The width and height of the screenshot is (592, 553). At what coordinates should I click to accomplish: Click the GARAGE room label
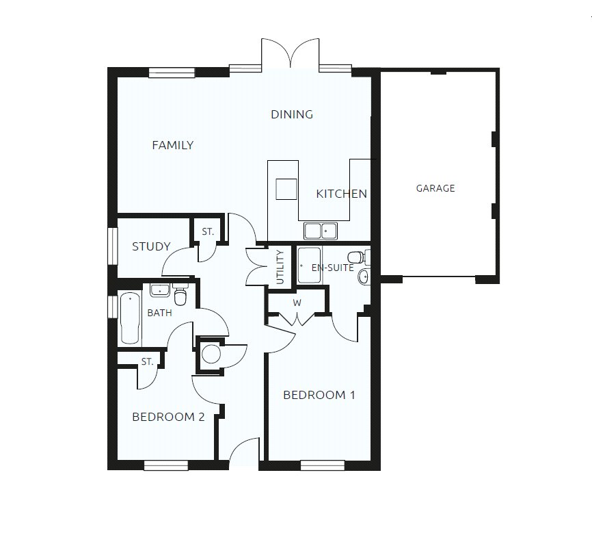click(435, 188)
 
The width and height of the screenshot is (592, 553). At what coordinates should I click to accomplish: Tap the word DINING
click(292, 114)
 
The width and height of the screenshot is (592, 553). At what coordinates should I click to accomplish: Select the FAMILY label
click(172, 145)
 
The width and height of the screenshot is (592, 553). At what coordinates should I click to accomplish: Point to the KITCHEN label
click(341, 194)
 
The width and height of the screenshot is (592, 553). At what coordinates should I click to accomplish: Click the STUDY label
click(151, 246)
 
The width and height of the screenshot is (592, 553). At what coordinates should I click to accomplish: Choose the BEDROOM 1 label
click(319, 395)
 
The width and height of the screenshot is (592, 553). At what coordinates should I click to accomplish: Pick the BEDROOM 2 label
click(168, 417)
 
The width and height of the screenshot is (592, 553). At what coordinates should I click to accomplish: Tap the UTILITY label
click(280, 268)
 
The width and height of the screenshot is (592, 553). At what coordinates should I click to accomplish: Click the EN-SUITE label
click(333, 268)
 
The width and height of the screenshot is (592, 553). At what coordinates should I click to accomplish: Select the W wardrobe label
click(297, 302)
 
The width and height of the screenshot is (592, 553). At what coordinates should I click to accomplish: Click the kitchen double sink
click(321, 231)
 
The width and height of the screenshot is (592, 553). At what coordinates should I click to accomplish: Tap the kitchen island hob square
click(286, 188)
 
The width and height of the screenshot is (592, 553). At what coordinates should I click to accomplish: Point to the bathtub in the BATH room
click(129, 318)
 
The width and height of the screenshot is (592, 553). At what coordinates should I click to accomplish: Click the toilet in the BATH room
click(180, 296)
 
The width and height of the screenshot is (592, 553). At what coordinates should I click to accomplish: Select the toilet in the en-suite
click(368, 258)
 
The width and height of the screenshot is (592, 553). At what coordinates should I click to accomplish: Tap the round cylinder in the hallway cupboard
click(211, 355)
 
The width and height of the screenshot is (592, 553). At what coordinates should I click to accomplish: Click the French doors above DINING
click(291, 55)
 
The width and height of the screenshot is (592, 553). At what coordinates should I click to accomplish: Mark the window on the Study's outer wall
click(111, 244)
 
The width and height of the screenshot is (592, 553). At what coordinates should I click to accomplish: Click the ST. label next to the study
click(208, 232)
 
